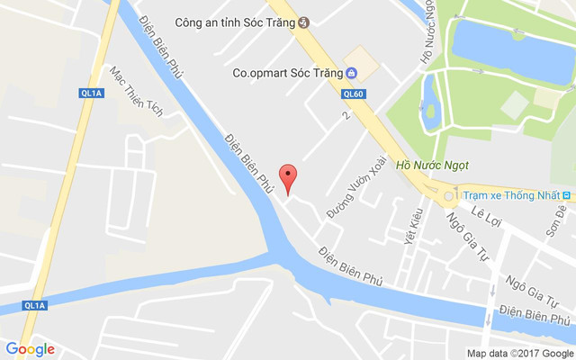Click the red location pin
288,177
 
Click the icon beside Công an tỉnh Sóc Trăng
304,22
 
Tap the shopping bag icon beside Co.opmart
351,73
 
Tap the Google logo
30,349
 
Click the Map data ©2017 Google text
518,353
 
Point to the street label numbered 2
345,116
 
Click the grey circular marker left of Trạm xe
448,195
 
